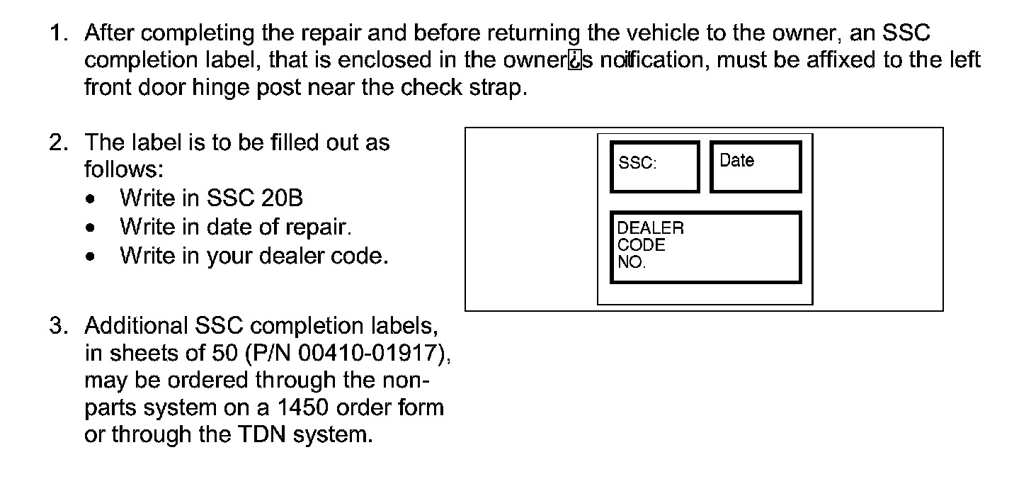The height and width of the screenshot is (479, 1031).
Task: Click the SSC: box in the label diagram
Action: pos(655,167)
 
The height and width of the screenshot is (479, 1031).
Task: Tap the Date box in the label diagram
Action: pos(756,167)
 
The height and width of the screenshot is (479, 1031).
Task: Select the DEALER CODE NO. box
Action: pos(705,247)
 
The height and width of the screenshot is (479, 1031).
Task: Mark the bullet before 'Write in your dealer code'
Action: pos(89,257)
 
